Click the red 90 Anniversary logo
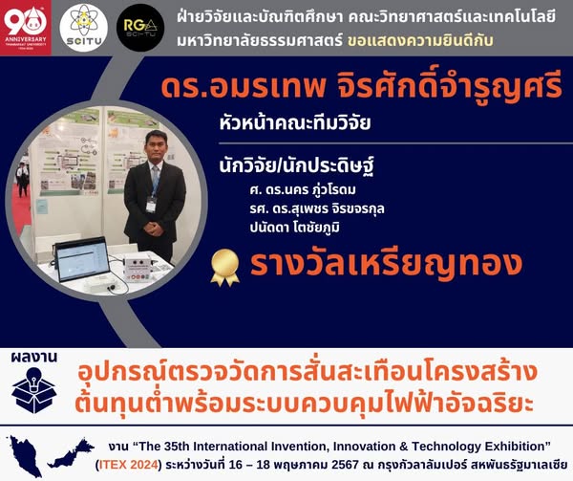coord(26,28)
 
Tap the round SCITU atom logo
coord(84,28)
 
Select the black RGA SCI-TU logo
coord(140,27)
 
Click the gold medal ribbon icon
coord(224,268)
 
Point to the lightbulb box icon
coord(33,390)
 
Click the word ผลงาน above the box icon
coord(34,358)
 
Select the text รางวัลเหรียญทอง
coord(386,265)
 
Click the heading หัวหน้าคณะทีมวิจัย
coord(295,122)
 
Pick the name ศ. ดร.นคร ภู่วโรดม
coord(303,190)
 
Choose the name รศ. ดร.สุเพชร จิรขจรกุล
coord(317,208)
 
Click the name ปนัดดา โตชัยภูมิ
coord(294,228)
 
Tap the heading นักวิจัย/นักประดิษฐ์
coord(296,166)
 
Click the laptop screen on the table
coord(83,260)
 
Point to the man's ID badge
coord(151,205)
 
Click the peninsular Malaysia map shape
coord(26,456)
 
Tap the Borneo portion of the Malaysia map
coord(72,453)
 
